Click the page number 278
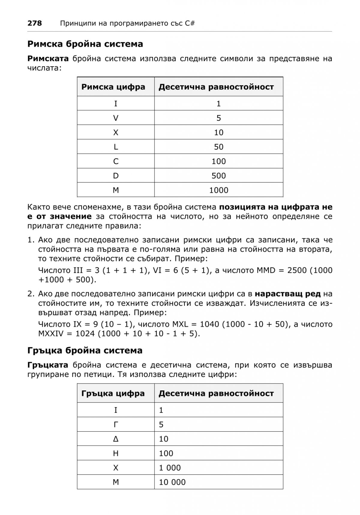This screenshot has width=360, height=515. (34, 23)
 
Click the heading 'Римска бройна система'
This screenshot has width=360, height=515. (85, 44)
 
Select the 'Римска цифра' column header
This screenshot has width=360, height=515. (113, 87)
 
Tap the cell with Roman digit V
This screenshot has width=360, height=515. (116, 118)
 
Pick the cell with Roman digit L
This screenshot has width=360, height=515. (116, 147)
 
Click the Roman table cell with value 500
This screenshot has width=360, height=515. (219, 176)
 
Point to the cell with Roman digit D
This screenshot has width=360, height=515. (116, 176)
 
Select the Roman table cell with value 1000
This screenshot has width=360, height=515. (219, 190)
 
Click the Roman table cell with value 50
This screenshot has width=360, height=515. (219, 147)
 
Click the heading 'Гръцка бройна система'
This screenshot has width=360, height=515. (85, 351)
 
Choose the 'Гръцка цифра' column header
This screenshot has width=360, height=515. (113, 393)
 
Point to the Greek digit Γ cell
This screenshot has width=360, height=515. (116, 424)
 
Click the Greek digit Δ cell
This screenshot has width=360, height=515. (116, 439)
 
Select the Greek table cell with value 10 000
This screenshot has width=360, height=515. (172, 482)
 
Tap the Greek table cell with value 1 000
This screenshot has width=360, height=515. (170, 468)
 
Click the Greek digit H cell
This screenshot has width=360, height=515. (116, 453)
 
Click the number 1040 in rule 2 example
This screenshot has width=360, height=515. (210, 324)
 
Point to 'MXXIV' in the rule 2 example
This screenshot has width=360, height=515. (51, 334)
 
